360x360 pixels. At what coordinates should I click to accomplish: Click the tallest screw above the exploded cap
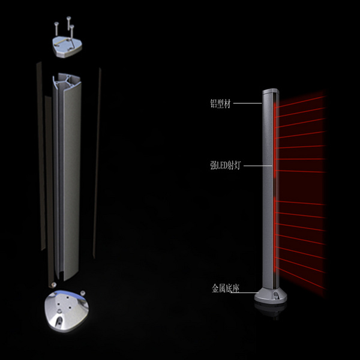[x=68, y=23]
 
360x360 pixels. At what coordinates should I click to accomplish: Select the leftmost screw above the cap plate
[x=56, y=29]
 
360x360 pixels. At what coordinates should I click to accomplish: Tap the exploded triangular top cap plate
[x=67, y=47]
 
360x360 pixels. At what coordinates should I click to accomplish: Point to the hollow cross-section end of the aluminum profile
[x=67, y=81]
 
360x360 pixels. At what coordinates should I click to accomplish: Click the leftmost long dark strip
[x=41, y=156]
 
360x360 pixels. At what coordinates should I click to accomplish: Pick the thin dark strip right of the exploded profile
[x=97, y=163]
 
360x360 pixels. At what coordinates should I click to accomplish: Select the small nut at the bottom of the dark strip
[x=54, y=284]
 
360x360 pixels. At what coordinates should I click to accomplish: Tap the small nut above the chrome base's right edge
[x=83, y=293]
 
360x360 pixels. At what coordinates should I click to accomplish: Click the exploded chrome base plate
[x=66, y=311]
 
